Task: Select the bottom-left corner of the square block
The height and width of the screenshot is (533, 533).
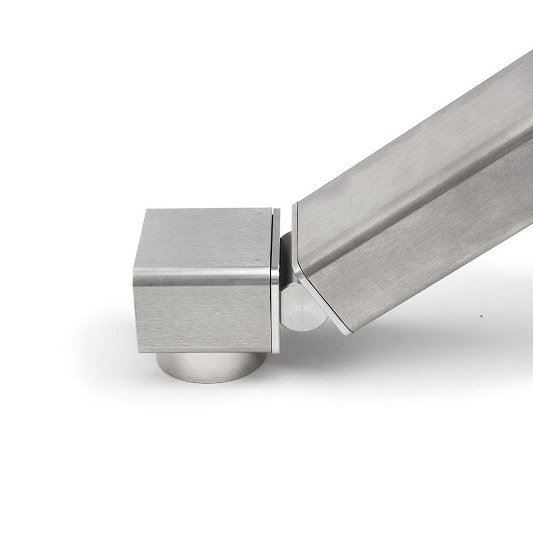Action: (138, 351)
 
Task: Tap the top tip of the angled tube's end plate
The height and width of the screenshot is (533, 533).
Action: (293, 204)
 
